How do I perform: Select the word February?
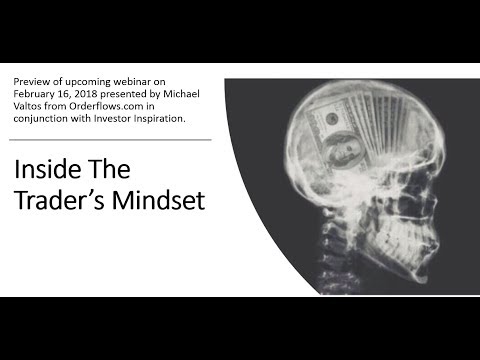coord(44,95)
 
